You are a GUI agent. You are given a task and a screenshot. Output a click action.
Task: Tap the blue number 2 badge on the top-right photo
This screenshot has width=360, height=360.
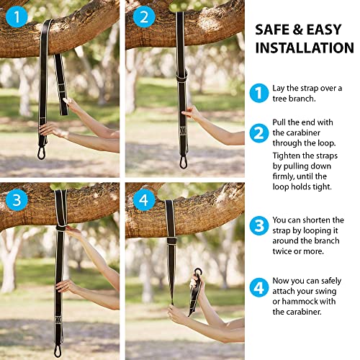[142, 15]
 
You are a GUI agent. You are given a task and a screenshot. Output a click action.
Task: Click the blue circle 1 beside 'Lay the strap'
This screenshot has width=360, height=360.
[258, 92]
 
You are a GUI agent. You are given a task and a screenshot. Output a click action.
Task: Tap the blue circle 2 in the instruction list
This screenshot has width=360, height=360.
[258, 133]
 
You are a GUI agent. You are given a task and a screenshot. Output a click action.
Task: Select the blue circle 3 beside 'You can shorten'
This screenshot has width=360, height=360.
[258, 225]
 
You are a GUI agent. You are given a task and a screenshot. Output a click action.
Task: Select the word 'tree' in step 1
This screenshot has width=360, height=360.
[282, 98]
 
